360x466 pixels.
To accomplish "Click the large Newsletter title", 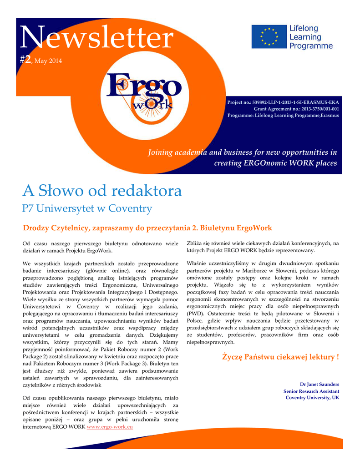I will (96, 39).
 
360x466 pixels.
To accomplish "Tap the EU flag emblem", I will (269, 37).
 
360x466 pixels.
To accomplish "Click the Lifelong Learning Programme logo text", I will (311, 37).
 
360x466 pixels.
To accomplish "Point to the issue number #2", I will (26, 60).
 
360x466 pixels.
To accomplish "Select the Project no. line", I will (283, 102).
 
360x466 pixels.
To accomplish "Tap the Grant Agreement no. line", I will (296, 109).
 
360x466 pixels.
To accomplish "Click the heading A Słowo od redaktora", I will (102, 190).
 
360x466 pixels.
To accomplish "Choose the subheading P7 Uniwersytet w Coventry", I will (87, 208).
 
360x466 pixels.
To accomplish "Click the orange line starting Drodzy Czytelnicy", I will (147, 228).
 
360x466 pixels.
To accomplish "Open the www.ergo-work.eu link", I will (109, 427).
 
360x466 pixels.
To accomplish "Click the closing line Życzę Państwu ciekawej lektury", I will (280, 357).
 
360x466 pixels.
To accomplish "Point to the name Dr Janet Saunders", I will (319, 384).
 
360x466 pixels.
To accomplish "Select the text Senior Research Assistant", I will (311, 391).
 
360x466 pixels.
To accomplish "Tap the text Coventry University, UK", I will (312, 398).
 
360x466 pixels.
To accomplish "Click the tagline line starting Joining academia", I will (243, 152).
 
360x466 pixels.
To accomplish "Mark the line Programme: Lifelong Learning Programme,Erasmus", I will (283, 115).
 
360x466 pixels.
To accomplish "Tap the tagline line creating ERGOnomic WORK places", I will (275, 163).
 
